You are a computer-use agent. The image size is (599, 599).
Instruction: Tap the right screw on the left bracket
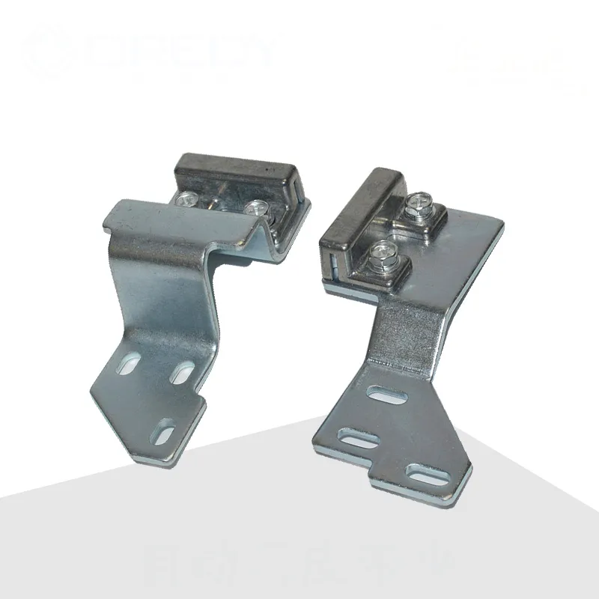(257, 207)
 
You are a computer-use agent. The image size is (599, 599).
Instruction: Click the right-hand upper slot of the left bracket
(180, 371)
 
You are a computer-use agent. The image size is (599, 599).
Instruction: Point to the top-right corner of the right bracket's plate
(499, 224)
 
